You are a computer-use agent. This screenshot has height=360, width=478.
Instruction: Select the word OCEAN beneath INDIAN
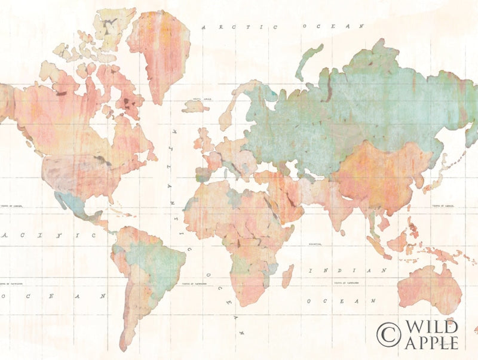339,300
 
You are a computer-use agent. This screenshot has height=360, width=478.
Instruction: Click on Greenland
158,51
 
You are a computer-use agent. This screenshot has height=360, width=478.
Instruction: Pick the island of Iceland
195,107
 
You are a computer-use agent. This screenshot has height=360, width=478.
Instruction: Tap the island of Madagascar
288,276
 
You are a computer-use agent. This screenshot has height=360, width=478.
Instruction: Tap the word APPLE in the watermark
431,342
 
